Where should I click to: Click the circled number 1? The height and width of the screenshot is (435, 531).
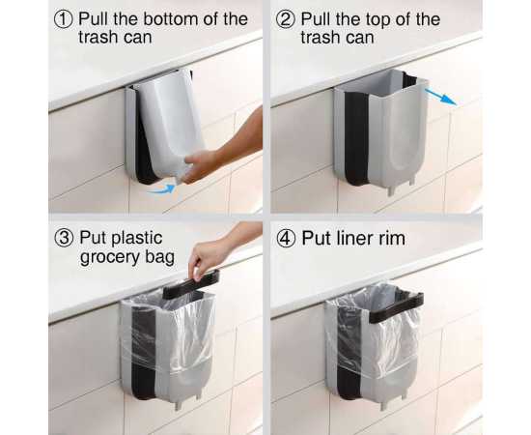[x=64, y=19]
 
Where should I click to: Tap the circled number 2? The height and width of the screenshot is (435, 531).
[x=286, y=19]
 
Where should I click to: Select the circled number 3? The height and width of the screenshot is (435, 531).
[x=64, y=239]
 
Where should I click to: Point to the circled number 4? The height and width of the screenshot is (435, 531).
[x=286, y=239]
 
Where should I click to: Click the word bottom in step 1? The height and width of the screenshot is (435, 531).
[x=171, y=19]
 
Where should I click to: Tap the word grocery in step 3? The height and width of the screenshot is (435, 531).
[x=110, y=258]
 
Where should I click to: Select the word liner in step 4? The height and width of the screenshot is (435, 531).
[x=351, y=238]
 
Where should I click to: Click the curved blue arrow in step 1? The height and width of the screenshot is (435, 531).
[x=163, y=188]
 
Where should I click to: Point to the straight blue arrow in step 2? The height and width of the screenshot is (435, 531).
[x=440, y=97]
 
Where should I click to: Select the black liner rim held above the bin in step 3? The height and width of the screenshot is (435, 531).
[x=191, y=285]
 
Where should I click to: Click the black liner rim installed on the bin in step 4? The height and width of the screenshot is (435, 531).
[x=396, y=307]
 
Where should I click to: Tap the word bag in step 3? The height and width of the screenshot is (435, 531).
[x=160, y=258]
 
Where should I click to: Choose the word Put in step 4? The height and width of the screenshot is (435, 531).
[x=316, y=239]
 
